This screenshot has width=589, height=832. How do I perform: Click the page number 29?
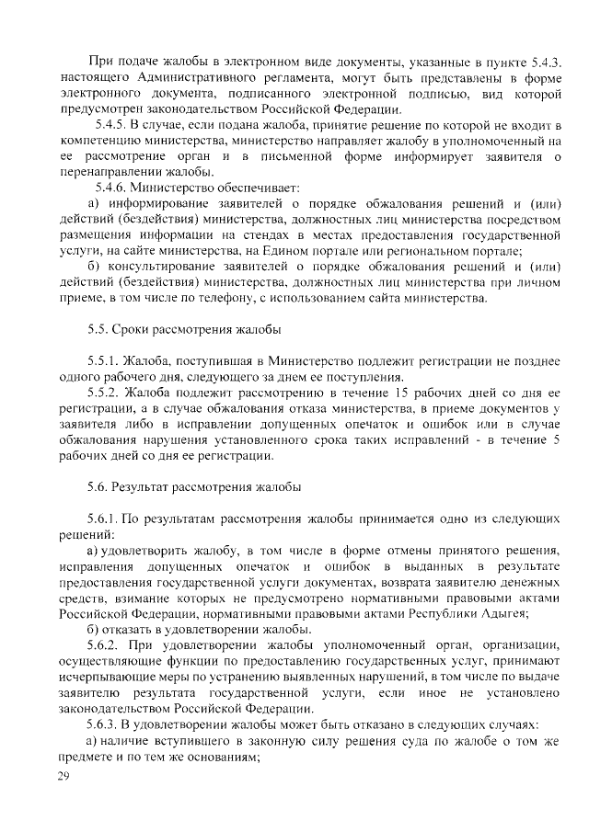coord(64,778)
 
